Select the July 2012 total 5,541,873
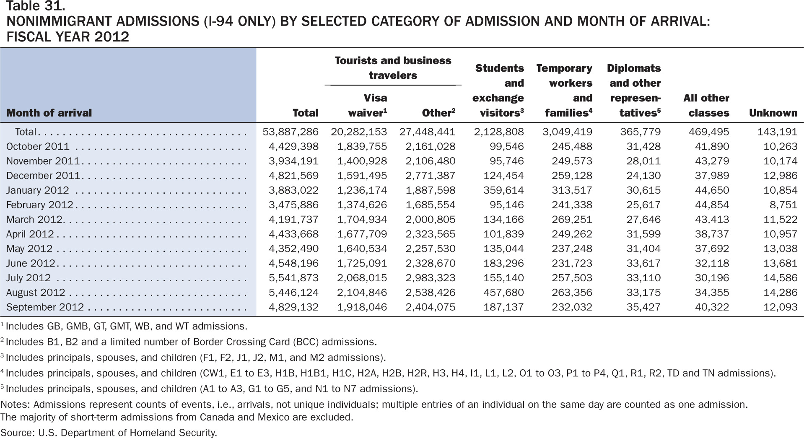pyautogui.click(x=293, y=278)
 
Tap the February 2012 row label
pyautogui.click(x=39, y=205)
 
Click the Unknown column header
pyautogui.click(x=773, y=113)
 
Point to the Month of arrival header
pyautogui.click(x=49, y=113)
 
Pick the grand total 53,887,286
pyautogui.click(x=290, y=132)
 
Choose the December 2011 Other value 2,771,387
pyautogui.click(x=431, y=176)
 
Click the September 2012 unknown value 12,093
pyautogui.click(x=780, y=307)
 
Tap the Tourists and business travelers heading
pyautogui.click(x=393, y=68)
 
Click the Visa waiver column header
pyautogui.click(x=362, y=105)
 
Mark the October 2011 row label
pyautogui.click(x=37, y=147)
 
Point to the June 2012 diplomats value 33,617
pyautogui.click(x=643, y=263)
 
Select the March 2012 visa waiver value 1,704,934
pyautogui.click(x=362, y=220)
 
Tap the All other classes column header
pyautogui.click(x=706, y=105)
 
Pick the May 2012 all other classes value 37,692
pyautogui.click(x=712, y=249)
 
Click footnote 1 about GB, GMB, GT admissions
pyautogui.click(x=124, y=326)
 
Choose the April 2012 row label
pyautogui.click(x=30, y=234)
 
